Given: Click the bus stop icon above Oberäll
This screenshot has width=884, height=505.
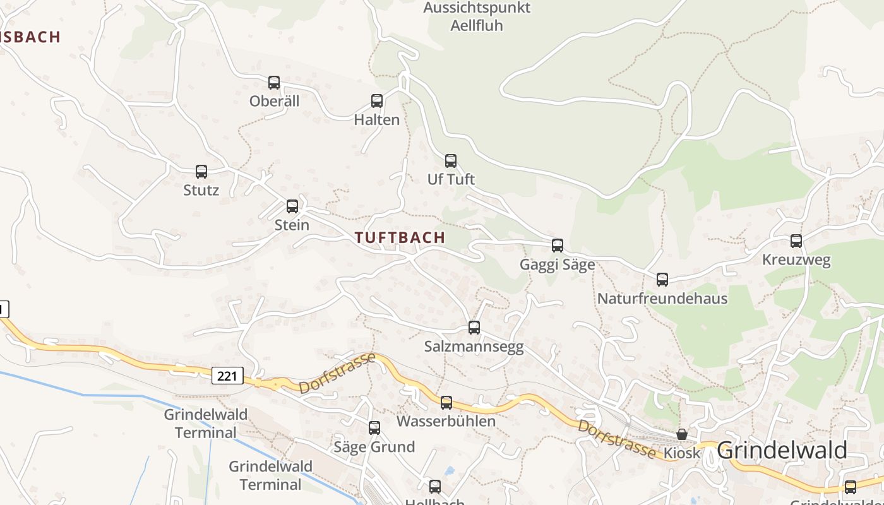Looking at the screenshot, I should pyautogui.click(x=274, y=83).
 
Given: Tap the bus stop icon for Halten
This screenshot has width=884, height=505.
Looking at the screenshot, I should pyautogui.click(x=377, y=101).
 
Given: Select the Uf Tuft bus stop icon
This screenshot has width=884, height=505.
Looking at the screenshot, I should pyautogui.click(x=451, y=161).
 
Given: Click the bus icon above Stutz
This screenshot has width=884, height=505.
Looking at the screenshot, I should pyautogui.click(x=201, y=172).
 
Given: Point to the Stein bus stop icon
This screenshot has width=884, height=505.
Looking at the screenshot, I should pyautogui.click(x=292, y=206).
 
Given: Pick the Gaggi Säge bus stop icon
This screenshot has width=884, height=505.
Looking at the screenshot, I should pyautogui.click(x=558, y=246).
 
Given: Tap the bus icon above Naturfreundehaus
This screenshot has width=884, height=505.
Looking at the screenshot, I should pyautogui.click(x=662, y=280).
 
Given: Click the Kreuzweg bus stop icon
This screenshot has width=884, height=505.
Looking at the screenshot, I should pyautogui.click(x=796, y=241).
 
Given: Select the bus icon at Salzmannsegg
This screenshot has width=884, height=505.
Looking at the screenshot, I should pyautogui.click(x=474, y=328).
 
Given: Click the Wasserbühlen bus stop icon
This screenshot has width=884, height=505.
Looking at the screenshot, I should pyautogui.click(x=446, y=403).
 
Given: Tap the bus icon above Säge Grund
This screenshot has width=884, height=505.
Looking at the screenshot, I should pyautogui.click(x=374, y=428).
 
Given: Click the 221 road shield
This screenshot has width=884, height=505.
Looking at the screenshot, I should pyautogui.click(x=227, y=376).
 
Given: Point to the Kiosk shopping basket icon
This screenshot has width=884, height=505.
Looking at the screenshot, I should pyautogui.click(x=682, y=434).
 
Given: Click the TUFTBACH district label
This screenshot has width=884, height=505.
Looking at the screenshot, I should pyautogui.click(x=400, y=238).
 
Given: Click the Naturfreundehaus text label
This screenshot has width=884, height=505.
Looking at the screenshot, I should pyautogui.click(x=662, y=299).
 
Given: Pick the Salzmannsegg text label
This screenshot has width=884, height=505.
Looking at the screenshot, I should pyautogui.click(x=474, y=347).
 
